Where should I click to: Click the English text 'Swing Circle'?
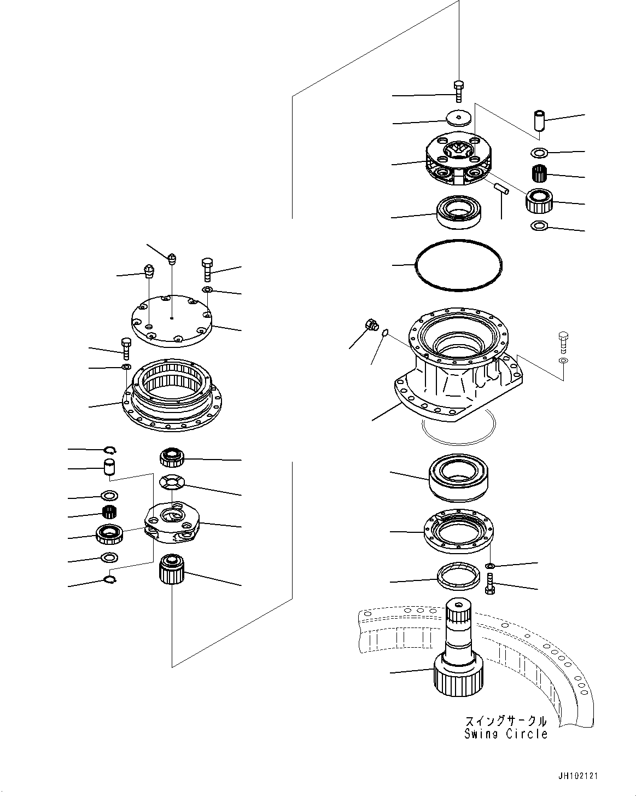pyautogui.click(x=506, y=734)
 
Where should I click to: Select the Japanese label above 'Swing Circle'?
pyautogui.click(x=506, y=721)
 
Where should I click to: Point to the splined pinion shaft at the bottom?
pyautogui.click(x=458, y=651)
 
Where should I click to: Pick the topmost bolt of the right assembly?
pyautogui.click(x=458, y=90)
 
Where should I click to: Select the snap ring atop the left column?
pyautogui.click(x=110, y=450)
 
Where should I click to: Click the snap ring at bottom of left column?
pyautogui.click(x=109, y=580)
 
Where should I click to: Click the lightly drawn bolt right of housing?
pyautogui.click(x=563, y=342)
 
